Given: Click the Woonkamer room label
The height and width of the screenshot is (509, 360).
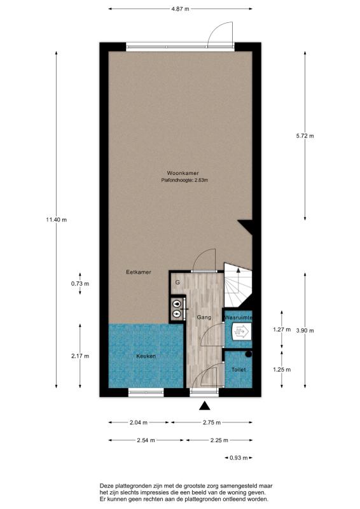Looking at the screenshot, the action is click(x=183, y=173).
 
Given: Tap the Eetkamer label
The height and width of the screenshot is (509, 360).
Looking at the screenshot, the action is click(x=139, y=272).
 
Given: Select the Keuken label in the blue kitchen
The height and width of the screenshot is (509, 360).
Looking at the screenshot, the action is click(x=146, y=356).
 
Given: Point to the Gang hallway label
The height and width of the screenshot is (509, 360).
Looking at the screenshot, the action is click(x=204, y=317).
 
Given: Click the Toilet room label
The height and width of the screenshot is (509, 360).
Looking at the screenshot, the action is click(x=239, y=370).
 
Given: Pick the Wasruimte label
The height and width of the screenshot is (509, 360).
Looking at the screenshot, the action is click(x=239, y=317).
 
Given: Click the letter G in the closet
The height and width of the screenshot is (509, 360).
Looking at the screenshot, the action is click(x=177, y=282).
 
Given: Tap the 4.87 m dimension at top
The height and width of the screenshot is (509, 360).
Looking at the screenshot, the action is click(x=180, y=9).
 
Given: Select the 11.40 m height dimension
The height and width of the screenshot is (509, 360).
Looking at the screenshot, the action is click(x=57, y=220).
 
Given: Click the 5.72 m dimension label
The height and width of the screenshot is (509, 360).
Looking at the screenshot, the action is click(x=305, y=136).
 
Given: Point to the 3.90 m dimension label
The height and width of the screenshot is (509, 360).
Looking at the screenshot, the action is click(x=305, y=331).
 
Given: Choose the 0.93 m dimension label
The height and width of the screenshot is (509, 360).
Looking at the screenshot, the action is click(x=239, y=458).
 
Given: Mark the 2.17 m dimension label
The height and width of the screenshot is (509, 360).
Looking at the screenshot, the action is click(x=80, y=356).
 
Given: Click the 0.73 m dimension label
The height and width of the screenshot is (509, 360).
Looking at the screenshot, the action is click(x=80, y=284).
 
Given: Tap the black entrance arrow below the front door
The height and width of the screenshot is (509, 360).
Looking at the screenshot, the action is click(x=204, y=405).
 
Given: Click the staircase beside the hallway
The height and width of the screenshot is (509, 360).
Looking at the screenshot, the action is click(x=238, y=286).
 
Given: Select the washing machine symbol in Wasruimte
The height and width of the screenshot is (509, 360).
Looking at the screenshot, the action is click(x=241, y=331).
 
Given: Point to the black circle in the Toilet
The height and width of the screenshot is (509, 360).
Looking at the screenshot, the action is click(x=249, y=354).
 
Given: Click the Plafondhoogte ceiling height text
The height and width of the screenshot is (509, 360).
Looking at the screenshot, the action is click(x=184, y=180).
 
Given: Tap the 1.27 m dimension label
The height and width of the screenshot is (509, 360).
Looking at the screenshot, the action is click(x=282, y=330).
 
